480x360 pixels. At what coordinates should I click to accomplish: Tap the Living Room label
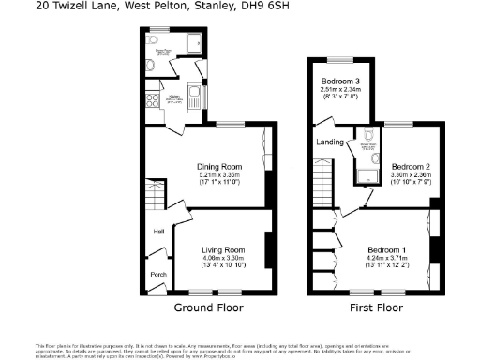pyautogui.click(x=223, y=249)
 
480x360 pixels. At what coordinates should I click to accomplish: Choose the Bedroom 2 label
pyautogui.click(x=411, y=165)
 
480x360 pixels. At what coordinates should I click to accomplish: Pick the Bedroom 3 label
pyautogui.click(x=340, y=81)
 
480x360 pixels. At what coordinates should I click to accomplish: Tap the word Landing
pyautogui.click(x=331, y=142)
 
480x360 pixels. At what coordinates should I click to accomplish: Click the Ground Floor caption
pyautogui.click(x=209, y=307)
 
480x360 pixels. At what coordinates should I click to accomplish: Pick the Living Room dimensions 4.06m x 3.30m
pyautogui.click(x=223, y=258)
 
